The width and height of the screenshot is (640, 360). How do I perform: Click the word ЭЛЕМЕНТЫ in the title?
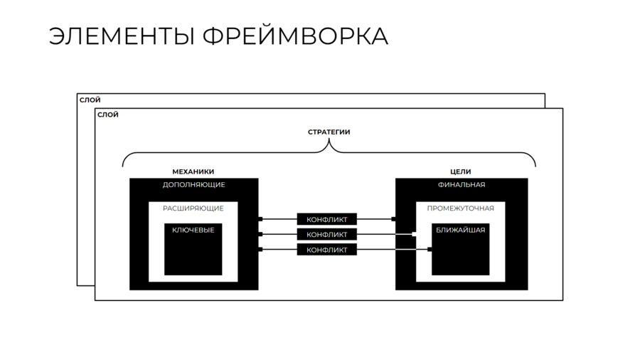(x=122, y=36)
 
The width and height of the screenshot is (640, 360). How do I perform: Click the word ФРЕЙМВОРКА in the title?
(x=295, y=36)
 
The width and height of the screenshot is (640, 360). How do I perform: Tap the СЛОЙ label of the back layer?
(x=90, y=100)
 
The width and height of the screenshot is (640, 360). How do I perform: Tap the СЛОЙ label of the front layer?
(x=108, y=115)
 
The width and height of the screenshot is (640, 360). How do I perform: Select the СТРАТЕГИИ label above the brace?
(x=329, y=132)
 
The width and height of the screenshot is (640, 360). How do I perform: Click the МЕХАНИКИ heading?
(x=193, y=171)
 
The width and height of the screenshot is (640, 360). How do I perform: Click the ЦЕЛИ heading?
(x=460, y=171)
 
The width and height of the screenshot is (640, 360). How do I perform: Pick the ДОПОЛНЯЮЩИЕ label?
(x=193, y=185)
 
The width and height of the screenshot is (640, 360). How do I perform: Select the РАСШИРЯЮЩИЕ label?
(x=193, y=208)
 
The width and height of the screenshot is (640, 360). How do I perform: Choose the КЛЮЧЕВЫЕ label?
(x=193, y=230)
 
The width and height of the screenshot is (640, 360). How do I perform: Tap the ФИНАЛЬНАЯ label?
(x=461, y=185)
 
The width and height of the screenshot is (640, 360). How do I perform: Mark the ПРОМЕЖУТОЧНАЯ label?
(x=460, y=208)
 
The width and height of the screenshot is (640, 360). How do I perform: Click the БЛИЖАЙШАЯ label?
(x=460, y=230)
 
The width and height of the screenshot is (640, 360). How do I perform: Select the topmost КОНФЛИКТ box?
(x=326, y=219)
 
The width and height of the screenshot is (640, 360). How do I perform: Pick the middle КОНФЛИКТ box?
(x=326, y=234)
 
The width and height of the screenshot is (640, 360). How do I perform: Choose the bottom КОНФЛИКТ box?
(x=326, y=250)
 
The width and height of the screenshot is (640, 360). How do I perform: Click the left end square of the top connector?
(x=260, y=219)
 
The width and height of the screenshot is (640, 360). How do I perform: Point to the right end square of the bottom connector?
(x=430, y=249)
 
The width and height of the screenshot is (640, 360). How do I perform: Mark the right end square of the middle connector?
(x=413, y=234)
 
